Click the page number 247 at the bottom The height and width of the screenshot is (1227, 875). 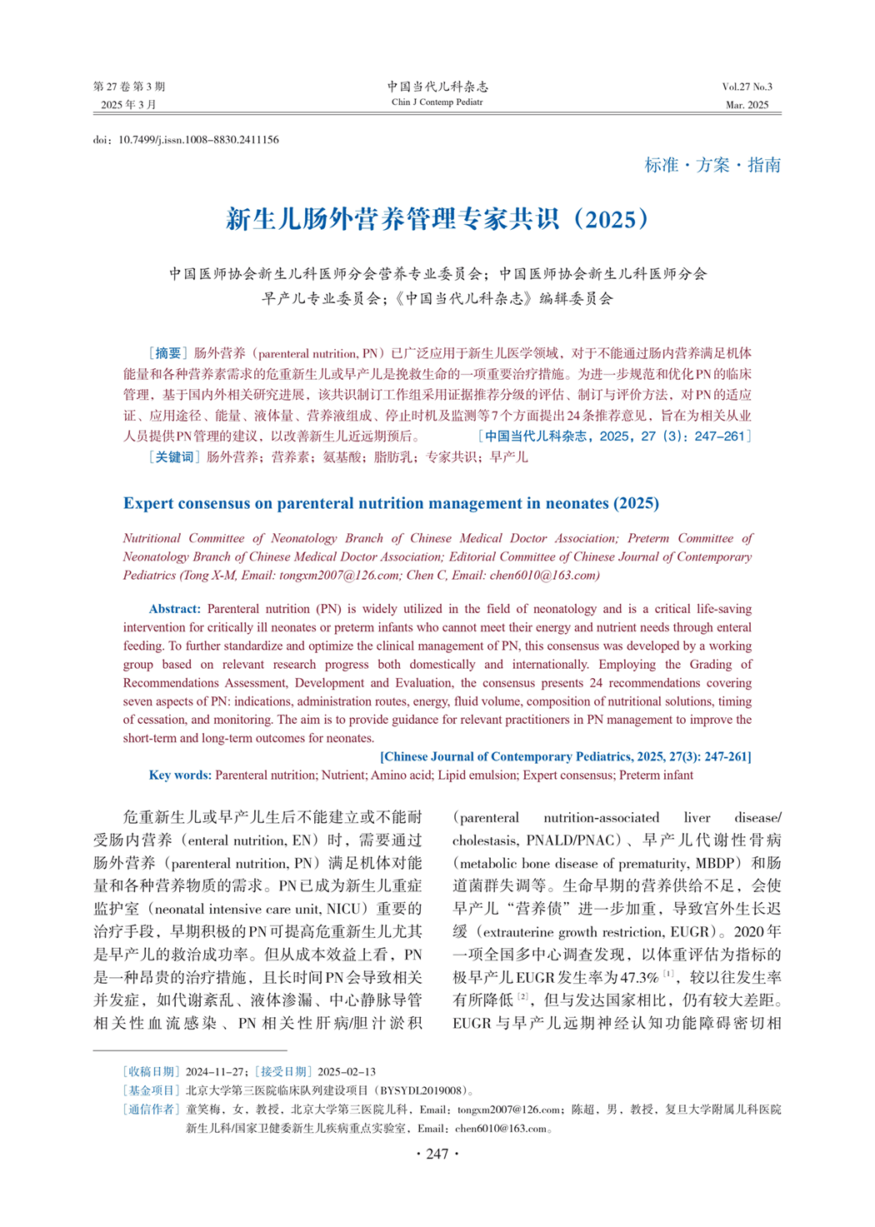[437, 1154]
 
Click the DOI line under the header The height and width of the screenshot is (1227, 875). [186, 140]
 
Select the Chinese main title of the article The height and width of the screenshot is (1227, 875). [437, 219]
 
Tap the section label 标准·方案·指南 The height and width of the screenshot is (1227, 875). [712, 165]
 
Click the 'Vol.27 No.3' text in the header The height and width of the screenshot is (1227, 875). [747, 87]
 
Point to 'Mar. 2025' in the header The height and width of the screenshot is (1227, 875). [747, 105]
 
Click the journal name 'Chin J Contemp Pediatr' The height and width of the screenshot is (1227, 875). [437, 102]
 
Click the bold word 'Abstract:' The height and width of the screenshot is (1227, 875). [175, 609]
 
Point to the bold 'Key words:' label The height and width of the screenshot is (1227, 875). [180, 775]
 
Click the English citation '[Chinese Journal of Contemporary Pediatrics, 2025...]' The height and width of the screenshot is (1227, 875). [566, 756]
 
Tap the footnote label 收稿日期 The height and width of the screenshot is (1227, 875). [151, 1071]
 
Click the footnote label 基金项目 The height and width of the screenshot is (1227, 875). [151, 1090]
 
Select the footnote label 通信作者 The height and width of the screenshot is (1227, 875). [151, 1109]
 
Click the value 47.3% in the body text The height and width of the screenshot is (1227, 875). [639, 977]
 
